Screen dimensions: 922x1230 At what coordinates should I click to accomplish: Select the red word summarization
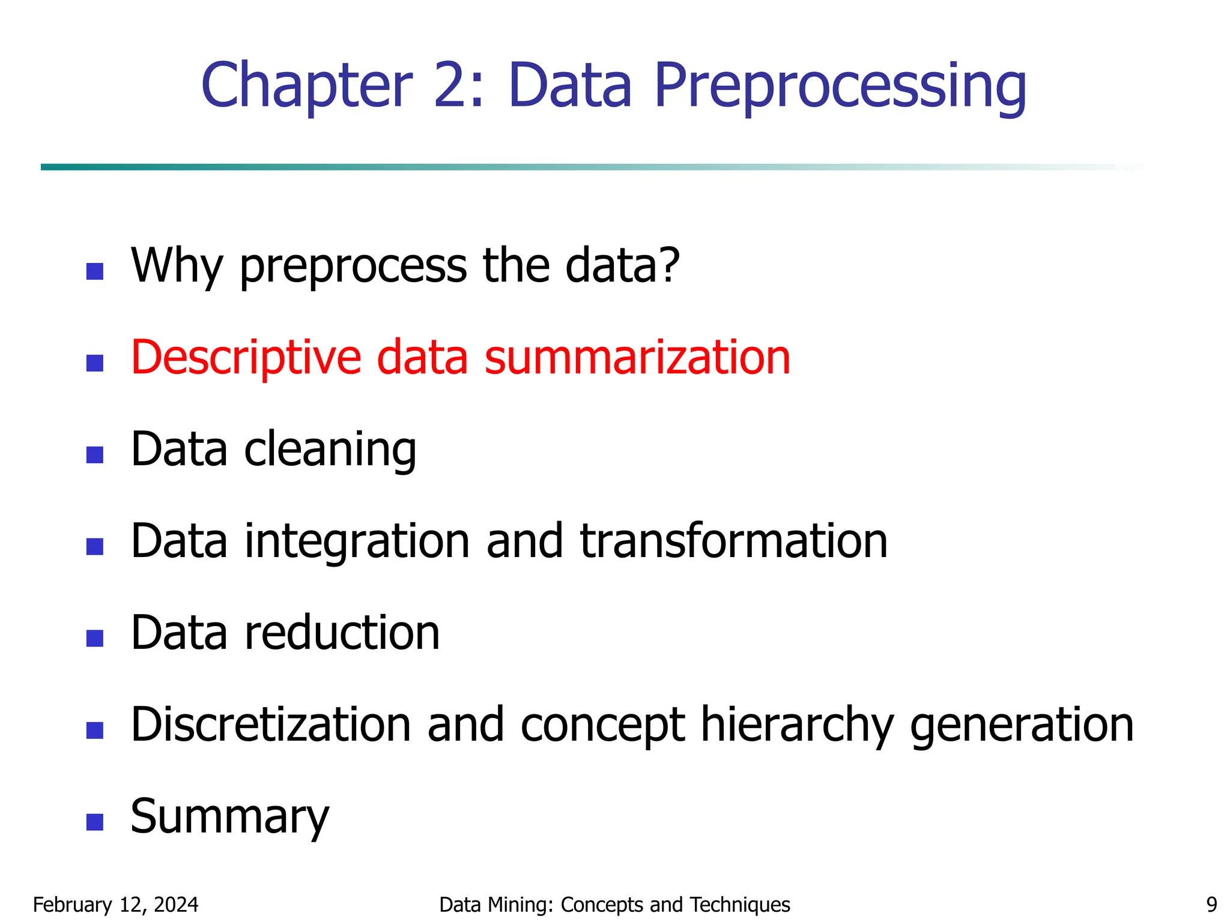(x=637, y=358)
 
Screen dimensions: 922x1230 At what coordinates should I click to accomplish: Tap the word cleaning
(x=330, y=450)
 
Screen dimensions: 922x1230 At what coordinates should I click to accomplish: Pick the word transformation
(x=733, y=542)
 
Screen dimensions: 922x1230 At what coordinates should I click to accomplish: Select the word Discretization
(x=271, y=725)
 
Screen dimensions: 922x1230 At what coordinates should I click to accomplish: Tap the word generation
(x=1022, y=725)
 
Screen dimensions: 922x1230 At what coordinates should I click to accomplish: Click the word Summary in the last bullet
(x=230, y=818)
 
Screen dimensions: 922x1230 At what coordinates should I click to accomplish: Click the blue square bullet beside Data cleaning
(x=95, y=454)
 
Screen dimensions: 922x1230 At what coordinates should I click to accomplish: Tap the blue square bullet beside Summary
(x=95, y=822)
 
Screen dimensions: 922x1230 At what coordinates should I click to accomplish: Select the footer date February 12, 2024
(x=115, y=905)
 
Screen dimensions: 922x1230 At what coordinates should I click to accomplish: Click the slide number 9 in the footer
(x=1211, y=905)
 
